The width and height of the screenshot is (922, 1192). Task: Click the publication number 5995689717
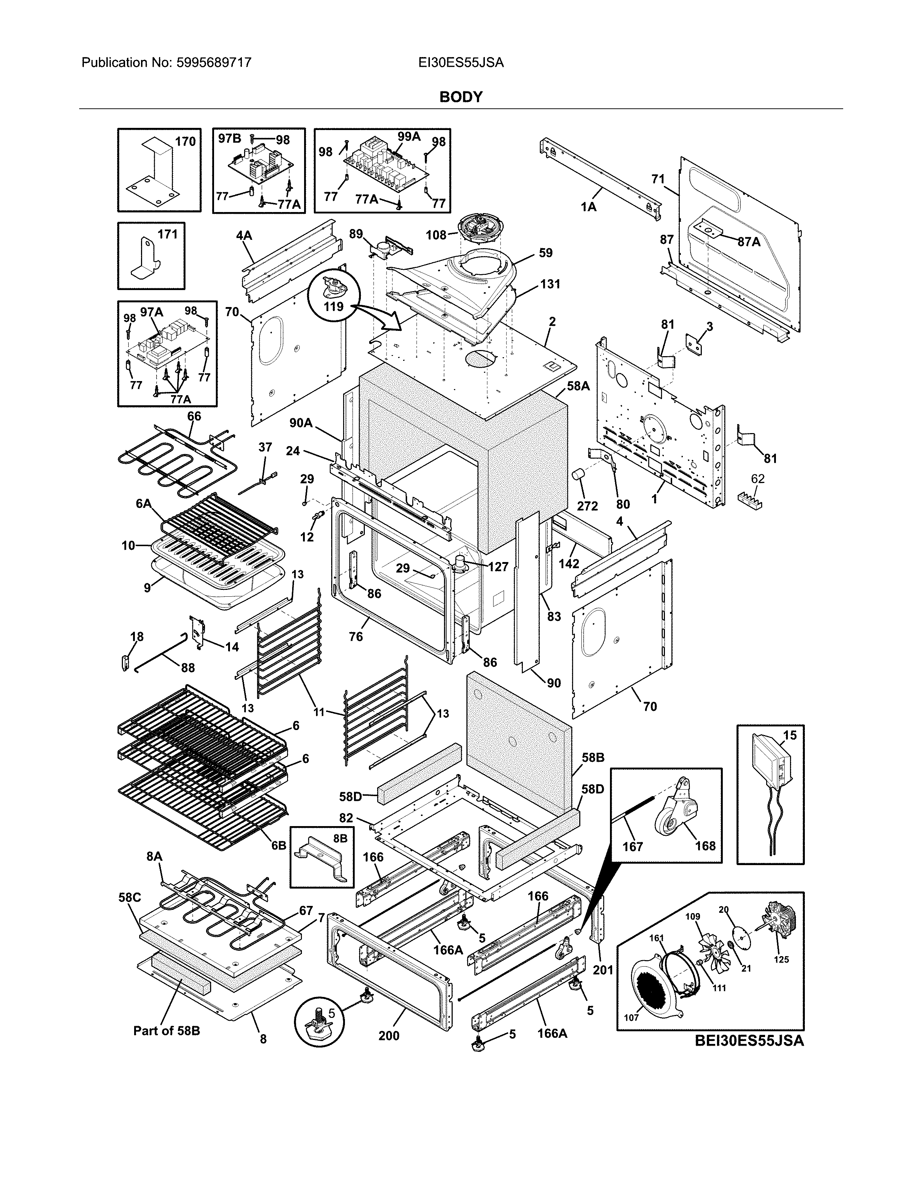(214, 63)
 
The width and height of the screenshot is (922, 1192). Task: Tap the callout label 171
(168, 234)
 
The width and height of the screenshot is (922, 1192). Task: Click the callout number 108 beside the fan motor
(436, 235)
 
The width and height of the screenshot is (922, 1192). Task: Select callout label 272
(587, 506)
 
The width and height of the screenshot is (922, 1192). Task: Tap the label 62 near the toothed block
(757, 479)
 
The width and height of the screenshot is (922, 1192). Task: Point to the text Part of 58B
(167, 1031)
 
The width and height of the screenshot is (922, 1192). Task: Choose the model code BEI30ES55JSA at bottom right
(750, 1041)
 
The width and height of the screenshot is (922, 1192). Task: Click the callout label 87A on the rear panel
(749, 242)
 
